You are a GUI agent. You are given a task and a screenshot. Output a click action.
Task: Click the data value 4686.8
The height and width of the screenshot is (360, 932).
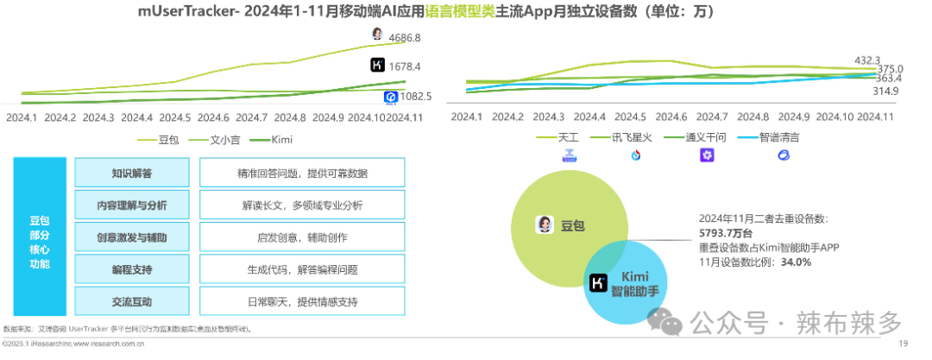[x=405, y=38]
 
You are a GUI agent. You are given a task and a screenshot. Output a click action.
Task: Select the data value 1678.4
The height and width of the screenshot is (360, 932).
[x=405, y=66]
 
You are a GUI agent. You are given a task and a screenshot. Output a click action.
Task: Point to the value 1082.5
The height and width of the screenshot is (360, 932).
[x=417, y=97]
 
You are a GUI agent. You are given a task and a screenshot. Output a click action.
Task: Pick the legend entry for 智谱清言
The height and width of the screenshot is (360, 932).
[x=778, y=137]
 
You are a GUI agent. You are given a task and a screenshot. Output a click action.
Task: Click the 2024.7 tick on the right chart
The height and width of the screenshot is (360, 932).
[x=712, y=117]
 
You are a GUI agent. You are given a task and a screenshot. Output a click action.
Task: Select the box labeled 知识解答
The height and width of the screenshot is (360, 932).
[x=131, y=174]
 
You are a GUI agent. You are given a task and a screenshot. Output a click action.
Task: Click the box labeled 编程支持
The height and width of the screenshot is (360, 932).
[x=131, y=270]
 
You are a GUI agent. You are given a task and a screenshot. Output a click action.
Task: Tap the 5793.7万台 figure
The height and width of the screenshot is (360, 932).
[x=730, y=233]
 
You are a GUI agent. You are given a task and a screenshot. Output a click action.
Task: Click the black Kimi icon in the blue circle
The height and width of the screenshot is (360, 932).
[x=596, y=282]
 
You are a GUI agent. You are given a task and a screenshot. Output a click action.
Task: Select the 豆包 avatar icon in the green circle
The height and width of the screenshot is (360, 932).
[x=545, y=225]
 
